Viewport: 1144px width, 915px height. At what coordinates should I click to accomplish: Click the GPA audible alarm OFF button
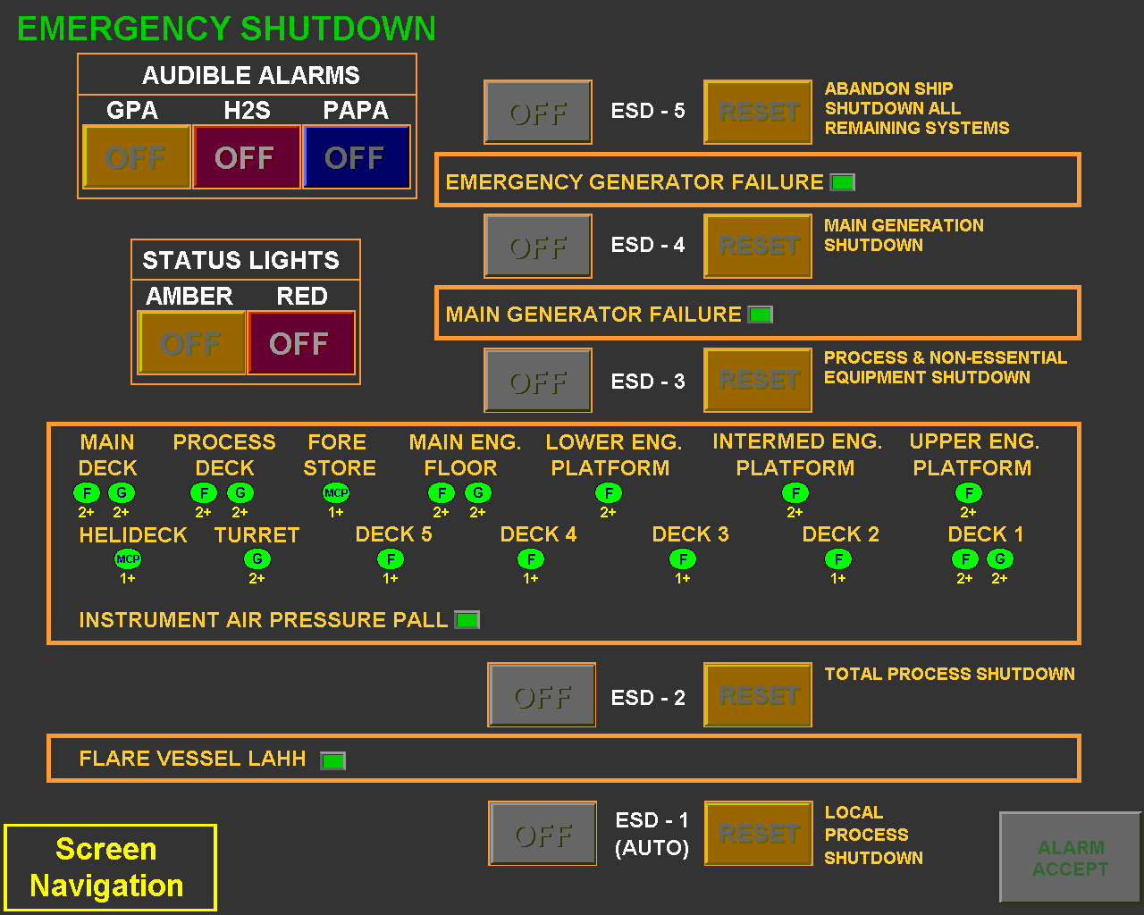click(136, 157)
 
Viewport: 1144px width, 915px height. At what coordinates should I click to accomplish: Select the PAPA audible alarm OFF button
click(357, 157)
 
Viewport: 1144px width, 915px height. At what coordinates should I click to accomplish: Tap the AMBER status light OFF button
click(191, 343)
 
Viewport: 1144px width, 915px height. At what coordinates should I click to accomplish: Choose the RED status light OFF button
click(300, 343)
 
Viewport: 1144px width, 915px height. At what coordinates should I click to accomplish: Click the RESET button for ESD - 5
click(758, 112)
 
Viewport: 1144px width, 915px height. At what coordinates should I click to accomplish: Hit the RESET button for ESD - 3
click(758, 380)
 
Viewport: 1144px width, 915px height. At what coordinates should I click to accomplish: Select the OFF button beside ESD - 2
click(542, 695)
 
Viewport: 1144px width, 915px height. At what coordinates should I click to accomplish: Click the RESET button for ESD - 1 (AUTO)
click(759, 834)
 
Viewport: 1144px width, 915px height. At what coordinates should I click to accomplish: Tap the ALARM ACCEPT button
click(1070, 858)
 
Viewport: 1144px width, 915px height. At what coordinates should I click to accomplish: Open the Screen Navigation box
click(110, 868)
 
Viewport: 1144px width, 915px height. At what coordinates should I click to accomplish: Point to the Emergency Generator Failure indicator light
click(842, 182)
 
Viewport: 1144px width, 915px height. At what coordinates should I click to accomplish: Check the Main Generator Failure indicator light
click(760, 315)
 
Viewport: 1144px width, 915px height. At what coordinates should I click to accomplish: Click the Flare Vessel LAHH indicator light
click(332, 760)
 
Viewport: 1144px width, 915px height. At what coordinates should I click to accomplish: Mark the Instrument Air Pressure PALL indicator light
click(467, 619)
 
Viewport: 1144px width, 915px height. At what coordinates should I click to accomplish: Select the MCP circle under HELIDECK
click(128, 559)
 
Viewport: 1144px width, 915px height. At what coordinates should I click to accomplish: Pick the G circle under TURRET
click(257, 559)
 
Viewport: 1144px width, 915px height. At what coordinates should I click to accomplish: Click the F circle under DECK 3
click(683, 559)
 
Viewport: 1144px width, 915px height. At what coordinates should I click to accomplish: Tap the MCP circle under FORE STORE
click(336, 492)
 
